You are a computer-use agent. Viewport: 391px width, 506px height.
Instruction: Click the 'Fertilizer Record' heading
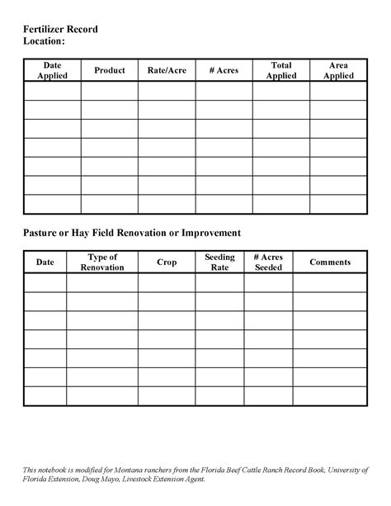tap(59, 29)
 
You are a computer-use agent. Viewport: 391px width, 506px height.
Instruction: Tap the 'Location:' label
tap(43, 41)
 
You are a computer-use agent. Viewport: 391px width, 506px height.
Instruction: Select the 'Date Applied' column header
tap(52, 70)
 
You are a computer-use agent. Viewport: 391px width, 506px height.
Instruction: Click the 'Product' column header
tap(109, 71)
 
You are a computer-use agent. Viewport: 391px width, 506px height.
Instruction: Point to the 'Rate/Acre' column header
tap(167, 71)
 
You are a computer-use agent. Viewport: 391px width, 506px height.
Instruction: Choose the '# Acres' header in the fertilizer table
tap(224, 71)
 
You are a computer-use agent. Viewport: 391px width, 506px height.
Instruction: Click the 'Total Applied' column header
tap(281, 70)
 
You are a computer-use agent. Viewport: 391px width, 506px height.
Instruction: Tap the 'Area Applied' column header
tap(338, 70)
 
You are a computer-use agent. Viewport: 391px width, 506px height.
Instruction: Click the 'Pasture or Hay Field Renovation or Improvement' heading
tap(131, 233)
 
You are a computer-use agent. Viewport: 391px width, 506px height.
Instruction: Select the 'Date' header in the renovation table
tap(45, 262)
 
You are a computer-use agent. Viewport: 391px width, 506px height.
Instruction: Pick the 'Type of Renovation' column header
tap(102, 262)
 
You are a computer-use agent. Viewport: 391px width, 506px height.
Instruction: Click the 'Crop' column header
tap(167, 262)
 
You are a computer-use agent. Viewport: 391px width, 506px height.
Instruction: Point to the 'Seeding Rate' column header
tap(219, 262)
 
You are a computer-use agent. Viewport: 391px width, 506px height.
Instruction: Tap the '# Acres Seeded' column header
tap(268, 262)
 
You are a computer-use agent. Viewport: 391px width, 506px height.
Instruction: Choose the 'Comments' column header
tap(330, 262)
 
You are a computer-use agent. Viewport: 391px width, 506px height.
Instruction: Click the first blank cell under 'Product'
tap(109, 91)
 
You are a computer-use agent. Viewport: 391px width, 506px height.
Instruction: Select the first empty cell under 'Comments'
tap(330, 282)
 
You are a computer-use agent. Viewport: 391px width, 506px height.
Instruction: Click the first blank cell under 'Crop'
tap(167, 282)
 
